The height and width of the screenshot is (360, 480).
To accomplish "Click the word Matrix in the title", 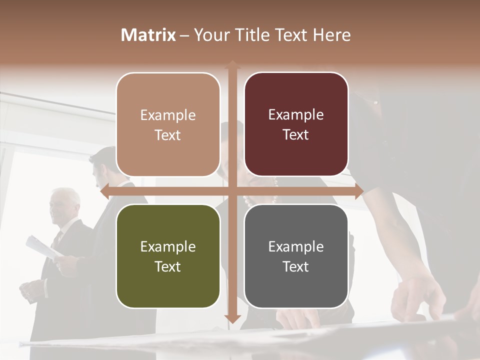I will coord(148,35).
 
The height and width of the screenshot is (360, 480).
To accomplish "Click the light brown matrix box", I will coord(168,124).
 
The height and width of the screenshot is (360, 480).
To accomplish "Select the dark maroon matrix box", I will coord(296,124).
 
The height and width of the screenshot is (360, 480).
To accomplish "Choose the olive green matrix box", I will coord(168,256).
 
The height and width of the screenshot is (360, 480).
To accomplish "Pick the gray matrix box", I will coord(296,256).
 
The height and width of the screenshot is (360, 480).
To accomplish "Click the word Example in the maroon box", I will coord(296,115).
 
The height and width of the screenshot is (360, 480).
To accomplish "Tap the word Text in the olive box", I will coord(168,266).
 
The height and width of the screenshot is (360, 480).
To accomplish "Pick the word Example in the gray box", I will coord(296,246).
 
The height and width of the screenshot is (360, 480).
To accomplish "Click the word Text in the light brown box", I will coord(168,135).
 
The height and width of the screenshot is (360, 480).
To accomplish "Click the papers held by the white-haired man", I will coord(42,247).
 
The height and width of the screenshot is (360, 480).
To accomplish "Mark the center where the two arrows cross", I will coord(232,191).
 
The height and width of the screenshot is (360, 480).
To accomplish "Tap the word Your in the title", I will coord(210,35).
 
